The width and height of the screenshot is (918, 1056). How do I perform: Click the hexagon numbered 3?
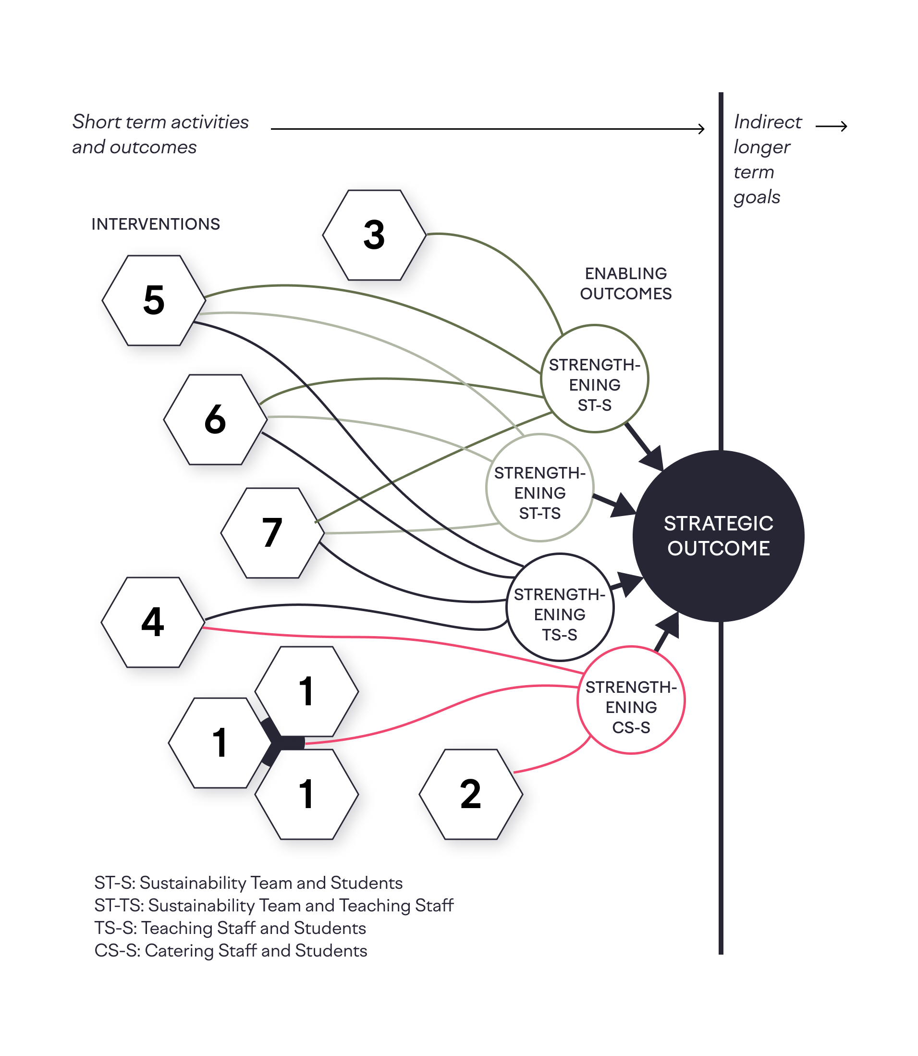pyautogui.click(x=374, y=235)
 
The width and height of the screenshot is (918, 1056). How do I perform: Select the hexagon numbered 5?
pyautogui.click(x=154, y=300)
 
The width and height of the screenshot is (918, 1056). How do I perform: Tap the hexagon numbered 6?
pyautogui.click(x=215, y=419)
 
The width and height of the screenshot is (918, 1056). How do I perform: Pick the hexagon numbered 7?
pyautogui.click(x=272, y=533)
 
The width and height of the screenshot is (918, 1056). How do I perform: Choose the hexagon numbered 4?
pyautogui.click(x=153, y=622)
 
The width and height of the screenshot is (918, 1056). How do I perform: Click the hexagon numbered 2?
pyautogui.click(x=470, y=794)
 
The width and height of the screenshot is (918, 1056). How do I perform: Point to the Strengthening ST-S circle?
pyautogui.click(x=594, y=379)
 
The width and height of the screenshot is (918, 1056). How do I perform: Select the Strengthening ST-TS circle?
pyautogui.click(x=539, y=488)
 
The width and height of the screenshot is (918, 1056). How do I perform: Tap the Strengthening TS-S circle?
pyautogui.click(x=560, y=608)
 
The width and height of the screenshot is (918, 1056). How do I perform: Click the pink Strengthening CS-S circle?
pyautogui.click(x=631, y=700)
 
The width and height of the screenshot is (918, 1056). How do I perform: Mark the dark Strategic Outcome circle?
pyautogui.click(x=718, y=536)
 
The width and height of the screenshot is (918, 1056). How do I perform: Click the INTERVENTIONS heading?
pyautogui.click(x=156, y=224)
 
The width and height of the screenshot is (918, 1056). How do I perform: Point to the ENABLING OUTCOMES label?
pyautogui.click(x=625, y=283)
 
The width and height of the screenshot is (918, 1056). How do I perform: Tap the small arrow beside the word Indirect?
pyautogui.click(x=832, y=126)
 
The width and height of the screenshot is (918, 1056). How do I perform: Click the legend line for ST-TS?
pyautogui.click(x=273, y=905)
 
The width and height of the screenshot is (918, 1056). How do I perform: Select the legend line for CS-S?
pyautogui.click(x=231, y=950)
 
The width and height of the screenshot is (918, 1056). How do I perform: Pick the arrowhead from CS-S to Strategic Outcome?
pyautogui.click(x=668, y=626)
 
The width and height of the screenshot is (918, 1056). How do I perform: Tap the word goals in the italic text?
pyautogui.click(x=757, y=197)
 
